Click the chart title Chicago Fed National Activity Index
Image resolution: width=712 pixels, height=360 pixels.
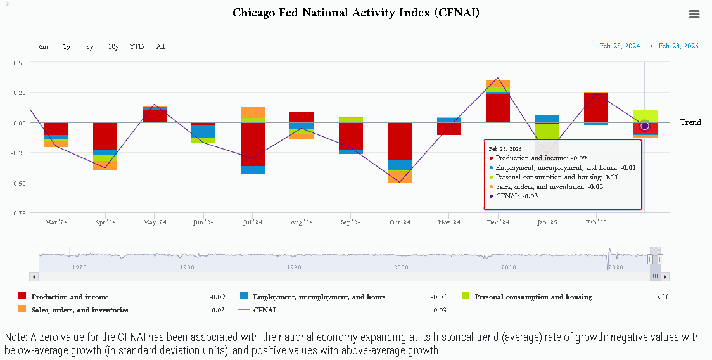(x=356, y=12)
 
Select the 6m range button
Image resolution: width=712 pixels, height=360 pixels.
(x=44, y=46)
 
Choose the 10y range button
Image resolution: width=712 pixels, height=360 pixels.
(x=113, y=46)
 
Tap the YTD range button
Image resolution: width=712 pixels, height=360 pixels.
(x=137, y=46)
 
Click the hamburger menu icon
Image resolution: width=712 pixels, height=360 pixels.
(x=694, y=14)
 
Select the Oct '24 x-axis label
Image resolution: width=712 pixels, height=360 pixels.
(x=400, y=222)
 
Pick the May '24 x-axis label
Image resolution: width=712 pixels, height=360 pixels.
(x=155, y=222)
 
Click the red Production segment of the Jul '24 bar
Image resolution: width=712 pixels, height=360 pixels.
(x=253, y=144)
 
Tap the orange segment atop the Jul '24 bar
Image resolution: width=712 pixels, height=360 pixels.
(x=253, y=112)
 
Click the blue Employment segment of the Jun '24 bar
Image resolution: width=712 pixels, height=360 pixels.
(x=203, y=132)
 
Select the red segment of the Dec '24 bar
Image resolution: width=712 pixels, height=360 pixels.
(x=498, y=108)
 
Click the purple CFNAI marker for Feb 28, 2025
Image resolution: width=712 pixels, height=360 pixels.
(x=645, y=126)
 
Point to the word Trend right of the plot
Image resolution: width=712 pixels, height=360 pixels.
(x=690, y=122)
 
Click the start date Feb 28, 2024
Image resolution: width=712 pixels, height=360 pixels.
(x=620, y=46)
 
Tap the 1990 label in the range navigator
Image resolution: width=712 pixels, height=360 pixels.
(x=294, y=267)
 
